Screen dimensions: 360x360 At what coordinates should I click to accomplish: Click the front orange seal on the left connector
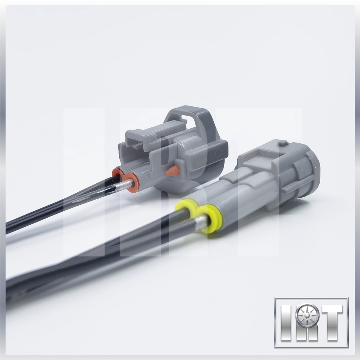click(x=132, y=182)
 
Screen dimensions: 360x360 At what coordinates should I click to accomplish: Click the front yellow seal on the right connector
click(x=211, y=218)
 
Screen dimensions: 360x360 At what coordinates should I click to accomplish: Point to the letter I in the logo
click(x=287, y=323)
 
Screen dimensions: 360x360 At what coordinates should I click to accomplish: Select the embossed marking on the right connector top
click(x=266, y=153)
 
